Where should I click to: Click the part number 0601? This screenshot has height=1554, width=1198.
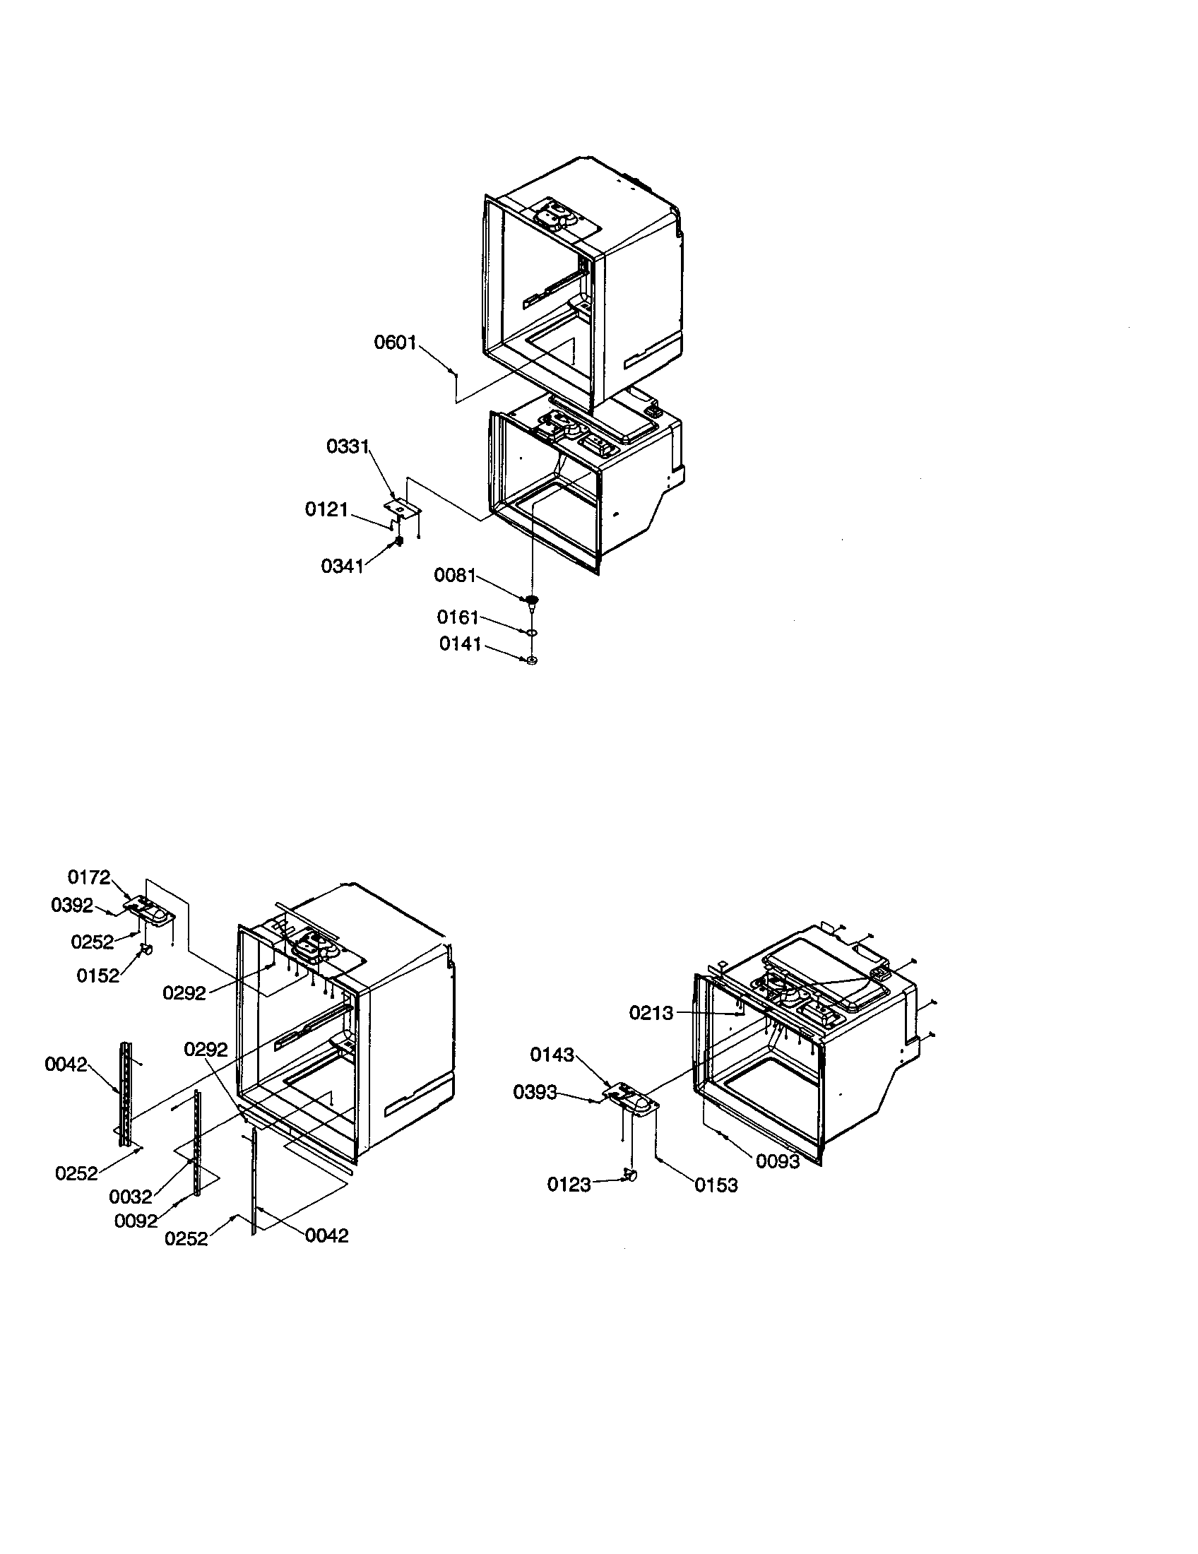tap(396, 343)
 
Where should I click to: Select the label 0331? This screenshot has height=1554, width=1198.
tap(348, 447)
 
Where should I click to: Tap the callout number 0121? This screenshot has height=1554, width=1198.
tap(326, 509)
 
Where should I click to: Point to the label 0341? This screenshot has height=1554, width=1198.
tap(342, 567)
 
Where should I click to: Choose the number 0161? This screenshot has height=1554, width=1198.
tap(458, 617)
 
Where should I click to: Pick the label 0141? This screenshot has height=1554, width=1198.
tap(461, 644)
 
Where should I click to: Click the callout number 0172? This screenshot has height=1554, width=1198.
tap(89, 877)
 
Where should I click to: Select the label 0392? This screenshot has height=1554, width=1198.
tap(73, 905)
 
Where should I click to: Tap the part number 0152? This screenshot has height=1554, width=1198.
tap(98, 975)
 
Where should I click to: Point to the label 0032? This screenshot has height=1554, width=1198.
tap(131, 1197)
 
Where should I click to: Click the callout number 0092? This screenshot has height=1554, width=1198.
tap(136, 1221)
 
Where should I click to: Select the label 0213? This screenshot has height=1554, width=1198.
tap(651, 1012)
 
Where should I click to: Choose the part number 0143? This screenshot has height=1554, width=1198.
tap(552, 1055)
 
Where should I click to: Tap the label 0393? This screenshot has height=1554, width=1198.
tap(535, 1092)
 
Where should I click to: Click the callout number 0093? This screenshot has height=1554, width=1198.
tap(778, 1161)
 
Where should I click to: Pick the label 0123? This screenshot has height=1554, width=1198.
tap(569, 1184)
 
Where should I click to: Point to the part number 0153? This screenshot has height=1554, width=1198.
tap(716, 1185)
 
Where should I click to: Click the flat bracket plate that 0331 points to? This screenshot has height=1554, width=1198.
tap(403, 506)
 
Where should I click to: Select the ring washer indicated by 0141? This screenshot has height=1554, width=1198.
tap(530, 660)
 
